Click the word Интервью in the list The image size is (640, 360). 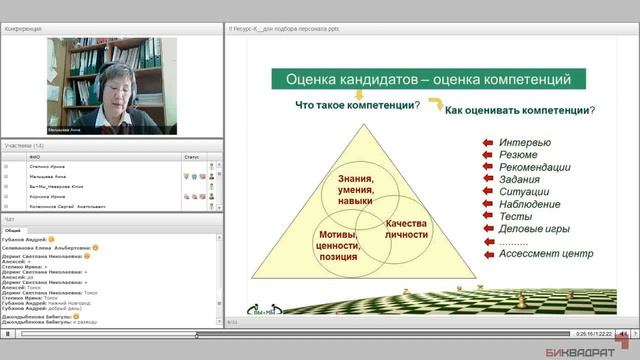523,142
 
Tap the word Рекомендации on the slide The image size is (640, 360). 534,174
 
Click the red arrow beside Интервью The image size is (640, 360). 487,142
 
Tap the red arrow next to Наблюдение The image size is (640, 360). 487,205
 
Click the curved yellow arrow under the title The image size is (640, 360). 434,103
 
